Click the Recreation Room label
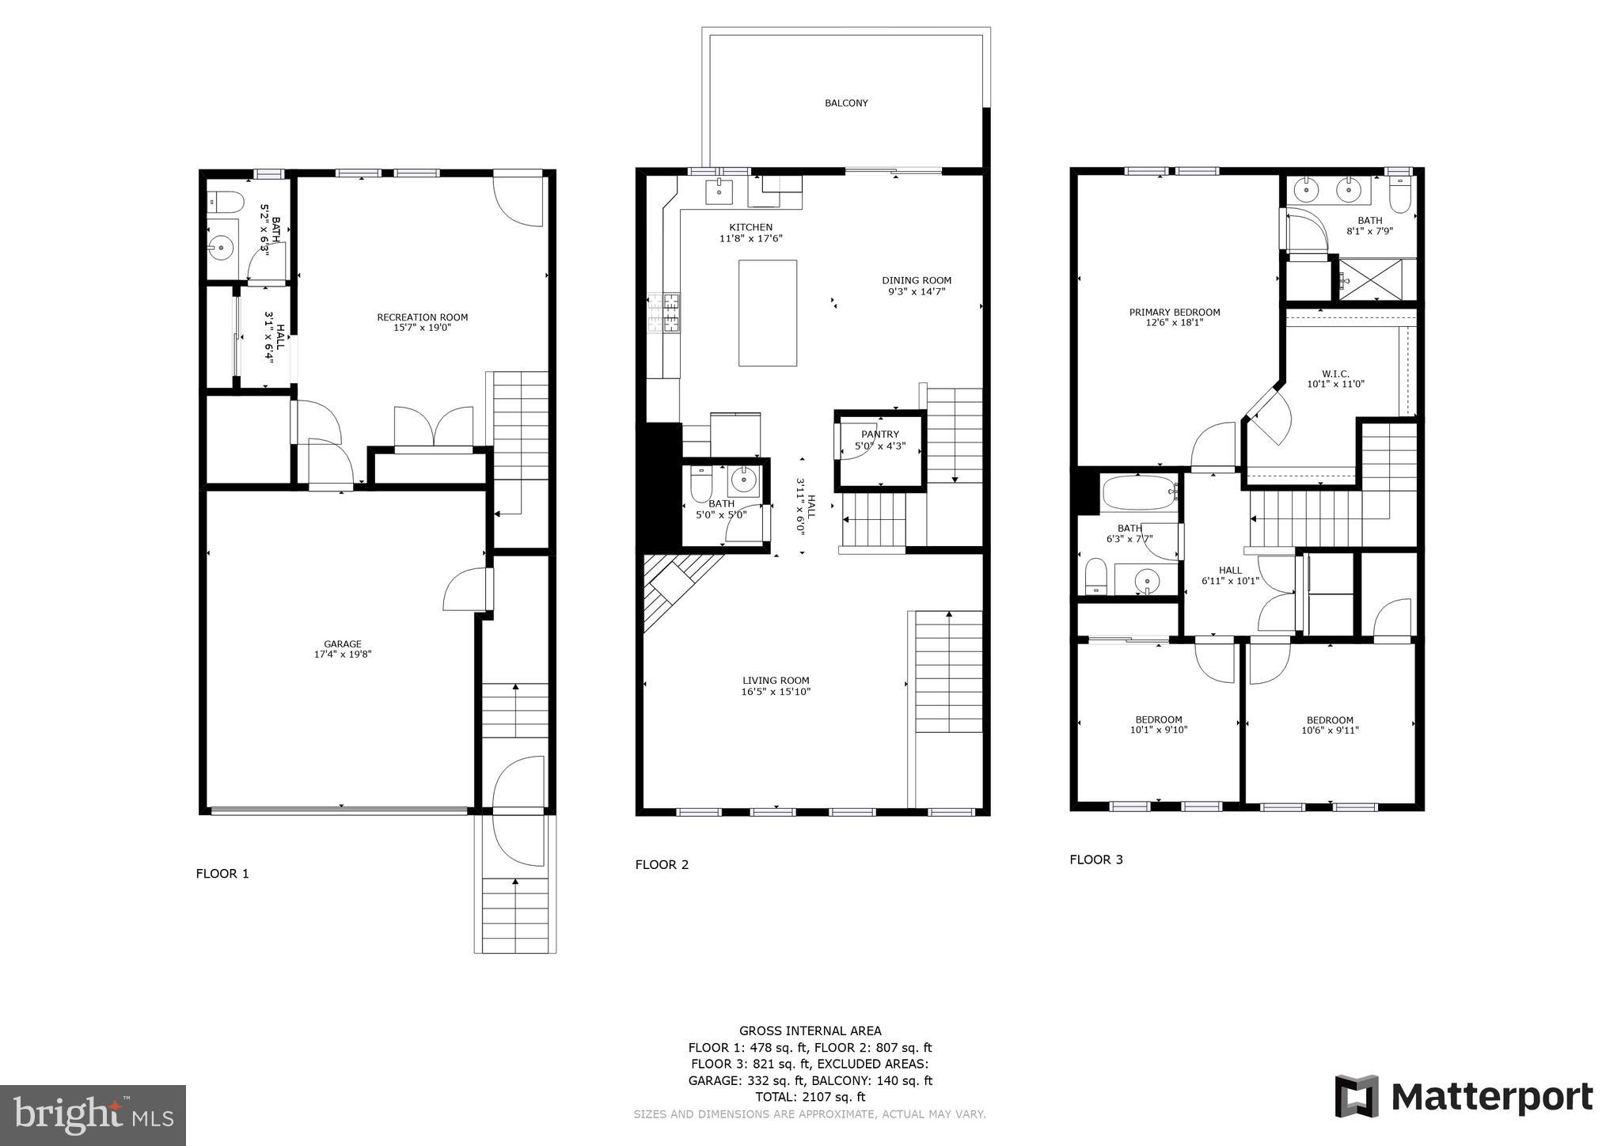(422, 317)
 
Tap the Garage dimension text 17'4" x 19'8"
(342, 655)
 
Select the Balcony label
(846, 103)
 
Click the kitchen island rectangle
(767, 313)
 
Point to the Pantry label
(880, 434)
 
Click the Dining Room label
(917, 280)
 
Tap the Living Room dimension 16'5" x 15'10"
(776, 692)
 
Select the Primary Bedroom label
(1174, 312)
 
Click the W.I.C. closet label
(1335, 374)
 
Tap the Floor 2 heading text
(662, 864)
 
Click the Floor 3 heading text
(1095, 859)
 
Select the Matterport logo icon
(1357, 1096)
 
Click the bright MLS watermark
(93, 1115)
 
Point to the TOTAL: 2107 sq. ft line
(810, 1097)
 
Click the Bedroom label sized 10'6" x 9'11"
(1330, 720)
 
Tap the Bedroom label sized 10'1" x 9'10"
(1159, 720)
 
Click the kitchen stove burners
(664, 312)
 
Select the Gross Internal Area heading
(810, 1030)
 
